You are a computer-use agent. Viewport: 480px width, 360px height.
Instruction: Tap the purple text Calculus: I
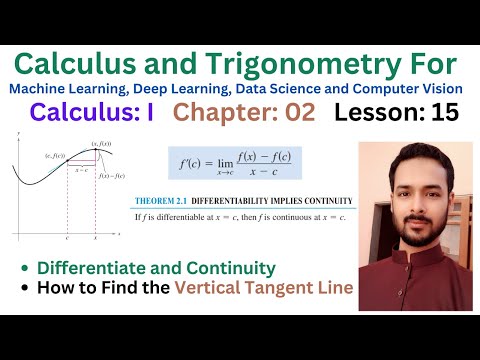point(92,113)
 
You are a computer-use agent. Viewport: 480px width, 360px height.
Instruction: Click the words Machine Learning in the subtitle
point(65,89)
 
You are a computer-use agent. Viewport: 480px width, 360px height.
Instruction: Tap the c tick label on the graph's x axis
point(67,241)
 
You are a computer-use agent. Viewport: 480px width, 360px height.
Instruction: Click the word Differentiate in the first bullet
point(85,268)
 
